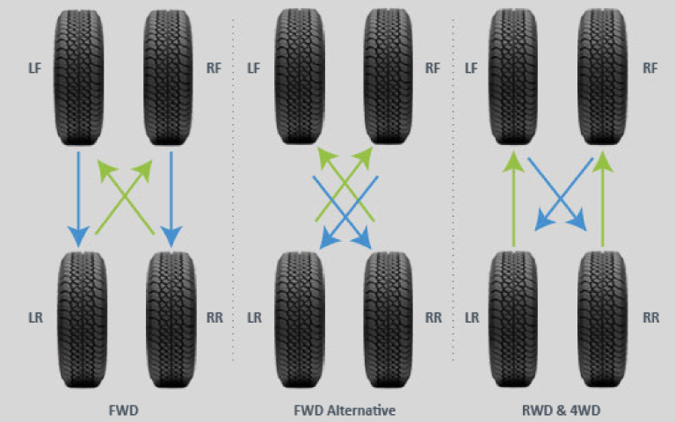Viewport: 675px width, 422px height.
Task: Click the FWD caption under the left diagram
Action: [124, 410]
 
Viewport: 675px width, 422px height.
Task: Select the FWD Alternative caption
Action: [344, 410]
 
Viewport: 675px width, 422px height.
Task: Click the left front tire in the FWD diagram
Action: [79, 77]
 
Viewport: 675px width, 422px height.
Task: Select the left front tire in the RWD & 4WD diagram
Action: [514, 77]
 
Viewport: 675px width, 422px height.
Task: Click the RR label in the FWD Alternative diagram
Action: [433, 317]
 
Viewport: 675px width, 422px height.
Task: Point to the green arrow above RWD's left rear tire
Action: [513, 198]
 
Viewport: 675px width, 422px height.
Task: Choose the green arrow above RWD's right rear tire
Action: [602, 198]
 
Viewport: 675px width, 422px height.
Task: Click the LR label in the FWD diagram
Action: [36, 317]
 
